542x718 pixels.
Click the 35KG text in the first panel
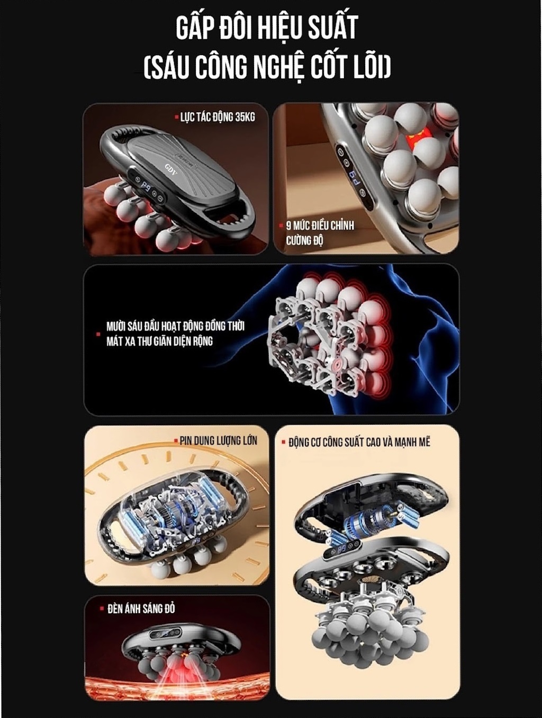coord(245,118)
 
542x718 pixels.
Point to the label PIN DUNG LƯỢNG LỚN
coord(219,441)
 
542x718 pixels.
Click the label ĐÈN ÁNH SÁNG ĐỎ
coord(141,609)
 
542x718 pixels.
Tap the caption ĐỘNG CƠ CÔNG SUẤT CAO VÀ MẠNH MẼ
coord(359,443)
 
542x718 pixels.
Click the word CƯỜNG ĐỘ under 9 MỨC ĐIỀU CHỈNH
coord(304,240)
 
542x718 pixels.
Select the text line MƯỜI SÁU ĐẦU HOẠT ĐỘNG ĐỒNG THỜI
coord(175,327)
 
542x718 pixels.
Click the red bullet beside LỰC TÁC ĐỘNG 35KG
coord(177,117)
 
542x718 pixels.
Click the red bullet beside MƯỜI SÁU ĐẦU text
coord(98,334)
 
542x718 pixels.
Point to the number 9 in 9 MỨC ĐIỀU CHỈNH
coord(288,226)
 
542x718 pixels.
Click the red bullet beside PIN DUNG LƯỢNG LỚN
coord(176,441)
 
